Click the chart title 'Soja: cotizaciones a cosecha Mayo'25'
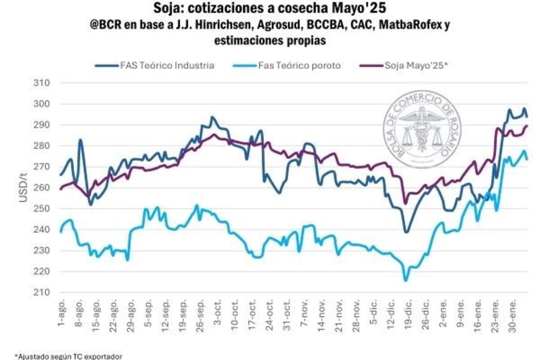(x=270, y=9)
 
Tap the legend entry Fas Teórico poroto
(x=299, y=65)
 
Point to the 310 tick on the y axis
(x=42, y=83)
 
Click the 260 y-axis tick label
(x=42, y=187)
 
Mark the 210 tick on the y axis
(x=42, y=292)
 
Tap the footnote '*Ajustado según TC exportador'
(x=60, y=356)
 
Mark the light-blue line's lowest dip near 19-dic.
(x=407, y=280)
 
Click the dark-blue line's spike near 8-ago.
(x=80, y=140)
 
